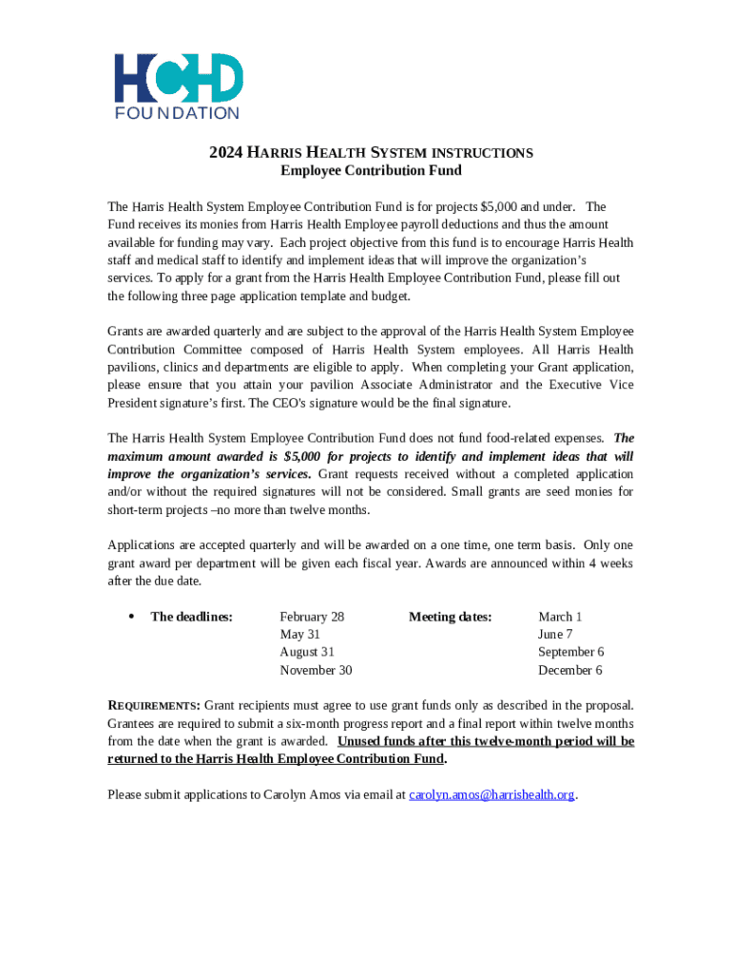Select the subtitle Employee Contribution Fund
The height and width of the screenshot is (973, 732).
coord(371,171)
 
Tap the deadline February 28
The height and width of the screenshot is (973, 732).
coord(312,617)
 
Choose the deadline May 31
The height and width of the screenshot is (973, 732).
coord(299,635)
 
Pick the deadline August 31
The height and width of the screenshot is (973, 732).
coord(307,652)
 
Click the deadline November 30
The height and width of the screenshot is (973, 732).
coord(316,670)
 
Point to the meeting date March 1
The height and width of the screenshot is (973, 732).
coord(560,617)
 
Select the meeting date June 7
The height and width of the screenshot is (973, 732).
coord(555,635)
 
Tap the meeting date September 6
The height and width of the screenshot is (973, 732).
coord(570,652)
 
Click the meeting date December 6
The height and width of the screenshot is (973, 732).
coord(569,670)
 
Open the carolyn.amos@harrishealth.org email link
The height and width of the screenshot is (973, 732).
coord(491,794)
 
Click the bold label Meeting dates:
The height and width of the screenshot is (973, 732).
coord(450,617)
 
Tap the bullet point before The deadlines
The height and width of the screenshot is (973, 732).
coord(130,617)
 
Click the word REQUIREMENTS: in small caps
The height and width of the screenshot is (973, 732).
coord(154,705)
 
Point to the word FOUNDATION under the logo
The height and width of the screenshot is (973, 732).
coord(178,113)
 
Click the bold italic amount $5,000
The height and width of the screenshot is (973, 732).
coord(303,456)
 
